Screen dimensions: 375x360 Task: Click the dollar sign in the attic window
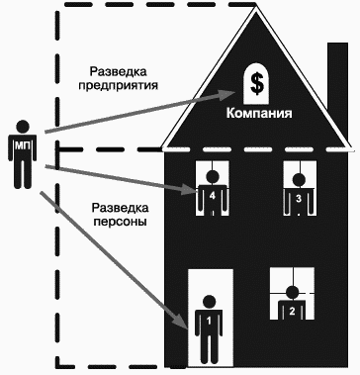coord(257,84)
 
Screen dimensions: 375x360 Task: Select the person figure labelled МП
coord(24,150)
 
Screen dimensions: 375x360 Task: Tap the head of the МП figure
coord(24,126)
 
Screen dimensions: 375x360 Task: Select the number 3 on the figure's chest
coord(299,199)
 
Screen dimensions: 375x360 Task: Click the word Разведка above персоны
coord(117,208)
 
